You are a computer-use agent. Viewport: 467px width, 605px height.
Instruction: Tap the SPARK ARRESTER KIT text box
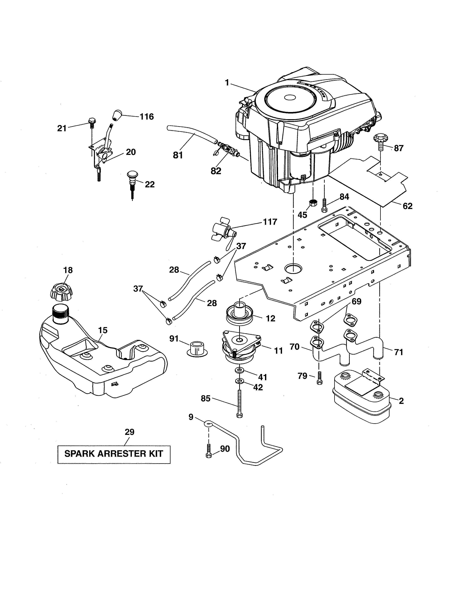click(114, 454)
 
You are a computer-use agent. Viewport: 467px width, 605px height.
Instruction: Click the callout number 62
click(407, 206)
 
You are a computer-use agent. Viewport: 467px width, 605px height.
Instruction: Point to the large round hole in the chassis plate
click(293, 268)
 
